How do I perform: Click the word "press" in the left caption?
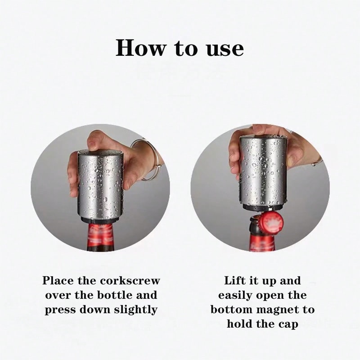[60, 310]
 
